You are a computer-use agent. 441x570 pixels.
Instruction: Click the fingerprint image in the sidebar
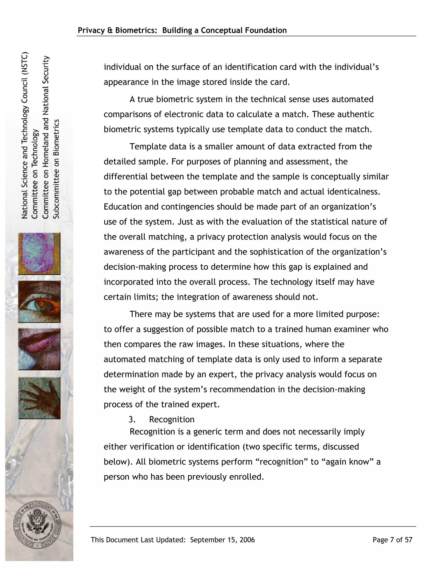point(39,253)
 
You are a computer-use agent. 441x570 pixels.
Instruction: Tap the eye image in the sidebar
point(39,301)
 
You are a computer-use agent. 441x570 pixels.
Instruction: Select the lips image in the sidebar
point(39,349)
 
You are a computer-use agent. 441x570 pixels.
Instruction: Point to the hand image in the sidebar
point(39,398)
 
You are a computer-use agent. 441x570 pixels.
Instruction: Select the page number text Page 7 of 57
point(392,540)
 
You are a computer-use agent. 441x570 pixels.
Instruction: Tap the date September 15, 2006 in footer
point(222,540)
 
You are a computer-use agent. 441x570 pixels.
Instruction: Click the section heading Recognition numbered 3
point(172,419)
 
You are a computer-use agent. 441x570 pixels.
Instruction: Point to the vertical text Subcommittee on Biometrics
point(56,169)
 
